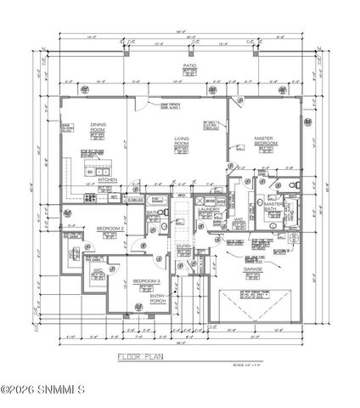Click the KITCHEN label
coord(107,179)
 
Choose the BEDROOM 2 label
coord(110,229)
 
